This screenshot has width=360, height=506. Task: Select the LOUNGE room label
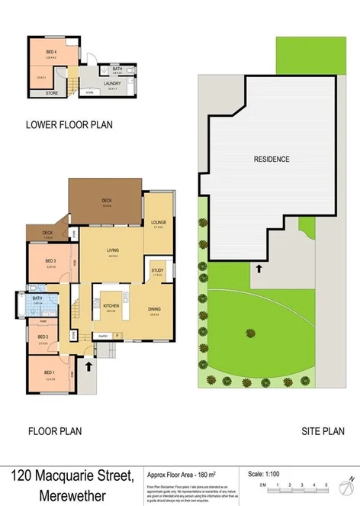pos(159,221)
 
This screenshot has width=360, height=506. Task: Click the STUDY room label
pos(158,270)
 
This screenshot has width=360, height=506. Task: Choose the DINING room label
pos(154,309)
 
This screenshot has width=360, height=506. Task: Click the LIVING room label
pos(113,250)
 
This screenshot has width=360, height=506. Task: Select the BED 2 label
pos(43,337)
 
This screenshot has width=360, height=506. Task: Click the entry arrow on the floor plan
pos(89,366)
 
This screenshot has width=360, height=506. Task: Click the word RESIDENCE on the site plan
pos(272,160)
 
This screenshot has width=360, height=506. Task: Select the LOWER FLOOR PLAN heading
pos(69,125)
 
